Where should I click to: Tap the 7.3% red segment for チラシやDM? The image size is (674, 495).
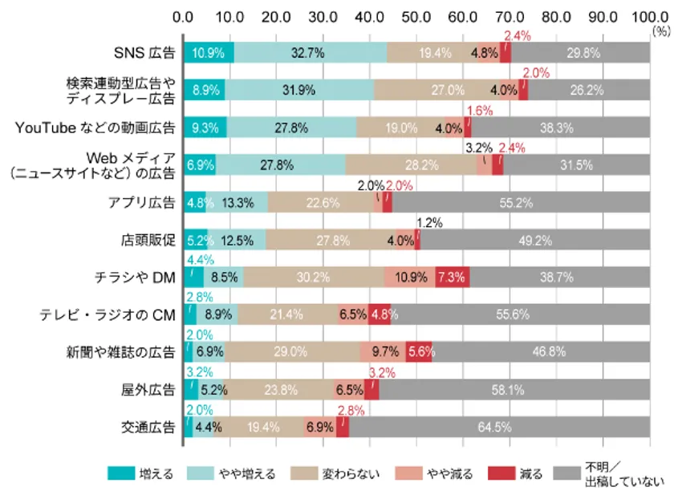[x=452, y=277]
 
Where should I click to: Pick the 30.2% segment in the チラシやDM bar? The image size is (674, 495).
[x=314, y=277]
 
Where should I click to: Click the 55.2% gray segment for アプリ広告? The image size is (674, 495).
[x=522, y=202]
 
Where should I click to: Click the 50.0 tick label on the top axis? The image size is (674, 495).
[x=416, y=15]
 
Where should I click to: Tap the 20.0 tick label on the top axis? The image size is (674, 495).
[x=277, y=15]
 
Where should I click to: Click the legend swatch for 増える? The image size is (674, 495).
[x=122, y=474]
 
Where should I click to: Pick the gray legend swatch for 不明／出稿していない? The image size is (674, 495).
[x=568, y=474]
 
